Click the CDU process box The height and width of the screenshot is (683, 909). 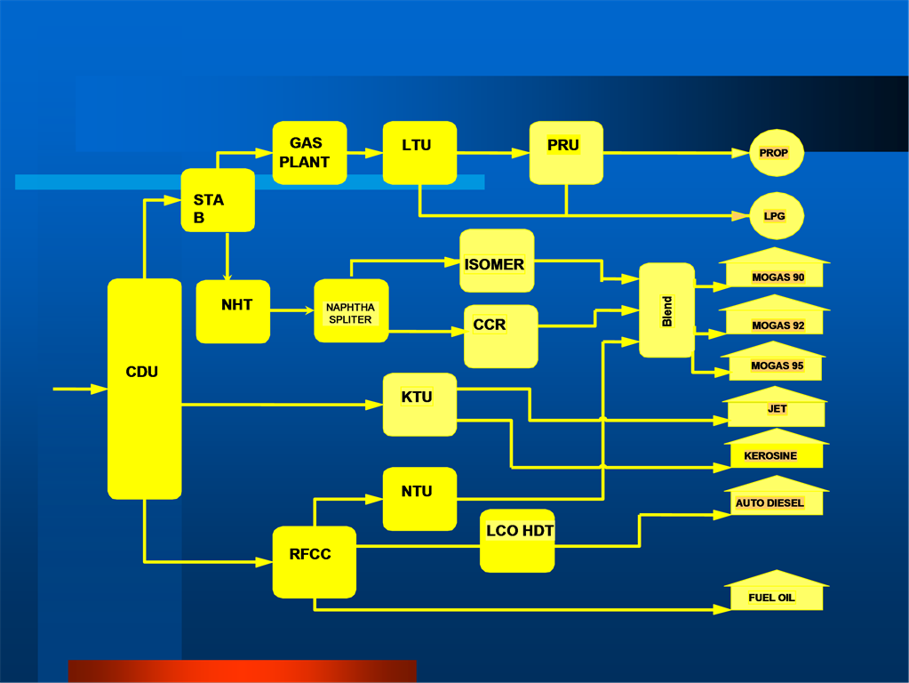[x=144, y=389]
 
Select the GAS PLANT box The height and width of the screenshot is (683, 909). [x=309, y=153]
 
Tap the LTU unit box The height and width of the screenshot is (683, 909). [x=419, y=153]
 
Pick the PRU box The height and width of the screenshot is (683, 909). [x=566, y=153]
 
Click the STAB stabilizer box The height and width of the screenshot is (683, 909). [x=218, y=200]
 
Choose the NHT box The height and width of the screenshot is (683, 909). [x=233, y=311]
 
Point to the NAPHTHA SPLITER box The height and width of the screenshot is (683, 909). [x=351, y=311]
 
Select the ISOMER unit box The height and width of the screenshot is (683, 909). [x=497, y=261]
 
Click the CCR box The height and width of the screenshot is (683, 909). [x=500, y=336]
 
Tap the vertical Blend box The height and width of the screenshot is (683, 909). [x=666, y=310]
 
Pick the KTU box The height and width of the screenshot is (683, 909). [x=419, y=405]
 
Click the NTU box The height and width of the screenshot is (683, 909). [x=419, y=498]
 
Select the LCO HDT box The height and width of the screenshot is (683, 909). [x=517, y=540]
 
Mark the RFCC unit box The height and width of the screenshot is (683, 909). [x=314, y=561]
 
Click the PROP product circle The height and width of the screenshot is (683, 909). [x=776, y=153]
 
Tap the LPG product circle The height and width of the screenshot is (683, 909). [x=776, y=216]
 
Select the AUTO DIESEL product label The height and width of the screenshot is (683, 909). [x=769, y=502]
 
